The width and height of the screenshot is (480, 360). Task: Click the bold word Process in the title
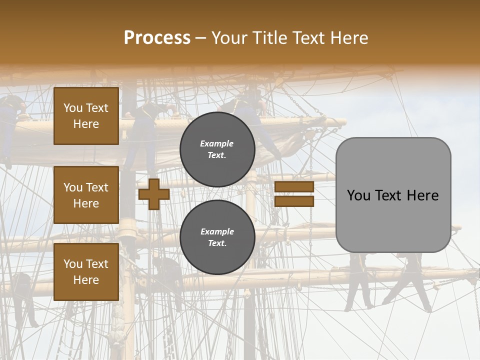(157, 38)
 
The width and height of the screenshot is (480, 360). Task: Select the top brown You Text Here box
(86, 116)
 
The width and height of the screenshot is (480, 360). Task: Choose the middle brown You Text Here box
(86, 195)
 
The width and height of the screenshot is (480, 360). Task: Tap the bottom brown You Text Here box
(86, 271)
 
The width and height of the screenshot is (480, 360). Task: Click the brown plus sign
(153, 194)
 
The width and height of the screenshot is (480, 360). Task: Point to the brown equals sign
(294, 194)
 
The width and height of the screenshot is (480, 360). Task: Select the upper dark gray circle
(217, 149)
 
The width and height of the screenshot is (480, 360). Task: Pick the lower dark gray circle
(217, 237)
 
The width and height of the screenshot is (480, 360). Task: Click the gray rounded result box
(393, 195)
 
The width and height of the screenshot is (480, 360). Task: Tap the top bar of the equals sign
(294, 187)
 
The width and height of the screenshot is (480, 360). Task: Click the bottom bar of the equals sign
(294, 201)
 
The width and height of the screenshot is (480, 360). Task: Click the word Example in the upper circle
(217, 144)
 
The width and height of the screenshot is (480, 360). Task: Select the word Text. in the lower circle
(217, 243)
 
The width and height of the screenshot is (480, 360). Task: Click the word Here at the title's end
(349, 38)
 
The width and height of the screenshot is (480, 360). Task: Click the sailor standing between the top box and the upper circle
(145, 130)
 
